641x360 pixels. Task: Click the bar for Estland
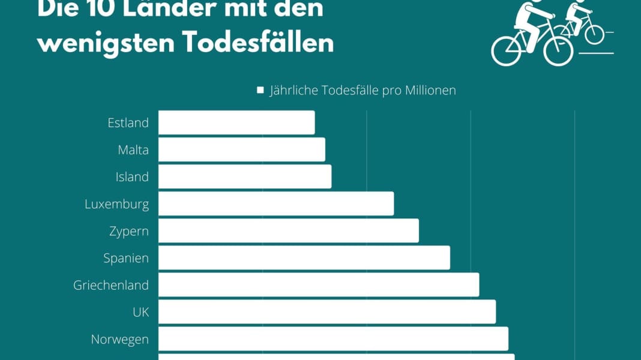(236, 122)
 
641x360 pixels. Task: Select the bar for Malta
(241, 149)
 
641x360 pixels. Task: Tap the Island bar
(245, 176)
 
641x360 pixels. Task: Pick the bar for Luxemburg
(276, 203)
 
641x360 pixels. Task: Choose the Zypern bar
(288, 230)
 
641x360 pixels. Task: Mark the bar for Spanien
(304, 257)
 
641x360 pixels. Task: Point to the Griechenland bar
(319, 284)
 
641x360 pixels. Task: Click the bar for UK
(327, 311)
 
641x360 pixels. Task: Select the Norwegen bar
(333, 338)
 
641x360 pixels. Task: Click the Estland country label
(128, 122)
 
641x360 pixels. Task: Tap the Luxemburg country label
(116, 203)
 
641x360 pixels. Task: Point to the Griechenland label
(111, 284)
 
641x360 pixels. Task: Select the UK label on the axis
(140, 311)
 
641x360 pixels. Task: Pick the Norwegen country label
(119, 339)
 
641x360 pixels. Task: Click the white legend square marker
(260, 90)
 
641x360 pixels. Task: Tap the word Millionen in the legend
(427, 90)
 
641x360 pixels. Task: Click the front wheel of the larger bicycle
(558, 50)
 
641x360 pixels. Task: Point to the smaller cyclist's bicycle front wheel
(594, 34)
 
